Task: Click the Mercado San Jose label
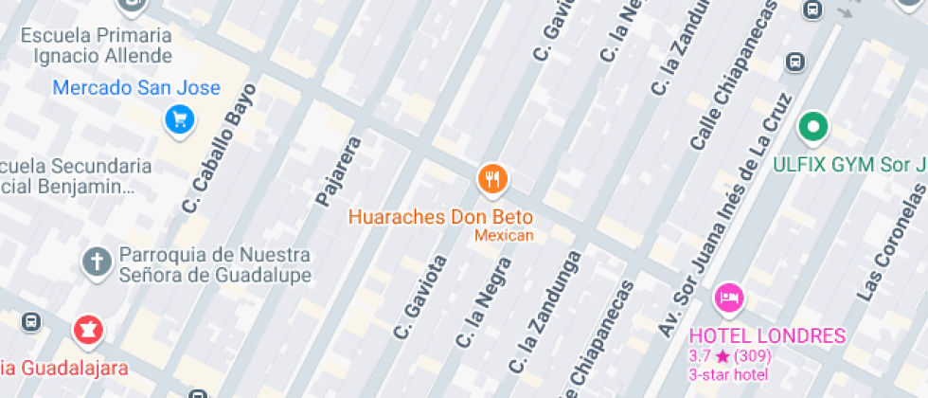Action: (x=136, y=88)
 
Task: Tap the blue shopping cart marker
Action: (x=179, y=119)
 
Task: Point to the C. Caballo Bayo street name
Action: (x=219, y=148)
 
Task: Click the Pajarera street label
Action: (x=339, y=172)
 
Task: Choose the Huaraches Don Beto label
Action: (x=440, y=216)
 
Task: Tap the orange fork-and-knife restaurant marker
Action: (x=492, y=178)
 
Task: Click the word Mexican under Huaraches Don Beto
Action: (x=504, y=235)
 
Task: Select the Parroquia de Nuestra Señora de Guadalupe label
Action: (x=215, y=264)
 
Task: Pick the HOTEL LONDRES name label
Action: (x=767, y=335)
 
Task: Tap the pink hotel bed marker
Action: (x=728, y=298)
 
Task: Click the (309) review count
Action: (x=752, y=356)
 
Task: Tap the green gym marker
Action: (x=812, y=126)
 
